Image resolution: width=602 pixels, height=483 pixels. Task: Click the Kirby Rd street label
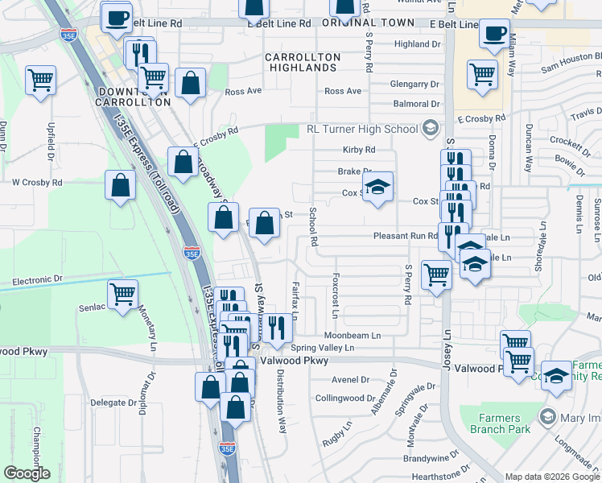coord(359,150)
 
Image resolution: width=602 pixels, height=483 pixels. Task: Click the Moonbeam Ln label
coord(352,335)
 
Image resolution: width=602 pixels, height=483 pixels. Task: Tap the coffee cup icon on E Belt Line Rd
coord(494,34)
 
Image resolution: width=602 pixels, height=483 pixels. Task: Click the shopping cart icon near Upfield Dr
coord(40,80)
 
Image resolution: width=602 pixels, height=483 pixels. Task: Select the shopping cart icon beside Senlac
coord(122,294)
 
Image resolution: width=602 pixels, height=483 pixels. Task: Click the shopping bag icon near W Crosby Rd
coord(120,185)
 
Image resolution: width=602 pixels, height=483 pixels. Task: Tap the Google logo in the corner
coord(27,473)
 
